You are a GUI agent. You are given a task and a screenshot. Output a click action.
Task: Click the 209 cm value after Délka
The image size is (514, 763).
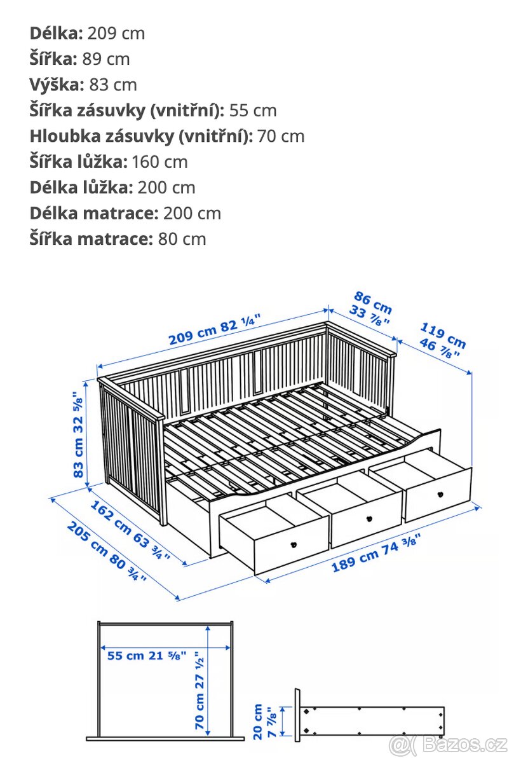click(x=116, y=33)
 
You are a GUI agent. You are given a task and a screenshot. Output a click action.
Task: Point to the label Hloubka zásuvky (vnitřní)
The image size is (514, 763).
click(x=141, y=136)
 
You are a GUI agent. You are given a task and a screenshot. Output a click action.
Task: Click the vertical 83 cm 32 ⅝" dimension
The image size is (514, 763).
click(x=78, y=434)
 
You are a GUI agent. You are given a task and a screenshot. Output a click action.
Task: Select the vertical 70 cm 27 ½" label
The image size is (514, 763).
click(x=201, y=690)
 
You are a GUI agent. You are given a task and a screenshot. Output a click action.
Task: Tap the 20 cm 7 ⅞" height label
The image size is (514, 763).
click(x=264, y=721)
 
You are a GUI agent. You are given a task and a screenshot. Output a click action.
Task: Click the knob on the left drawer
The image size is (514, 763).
click(x=294, y=544)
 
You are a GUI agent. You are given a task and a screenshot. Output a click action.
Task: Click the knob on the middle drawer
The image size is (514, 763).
click(x=367, y=519)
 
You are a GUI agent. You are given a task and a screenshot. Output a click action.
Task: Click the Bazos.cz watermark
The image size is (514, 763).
click(x=449, y=743)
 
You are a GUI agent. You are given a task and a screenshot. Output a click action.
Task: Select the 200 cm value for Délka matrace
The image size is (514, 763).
click(x=192, y=213)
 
